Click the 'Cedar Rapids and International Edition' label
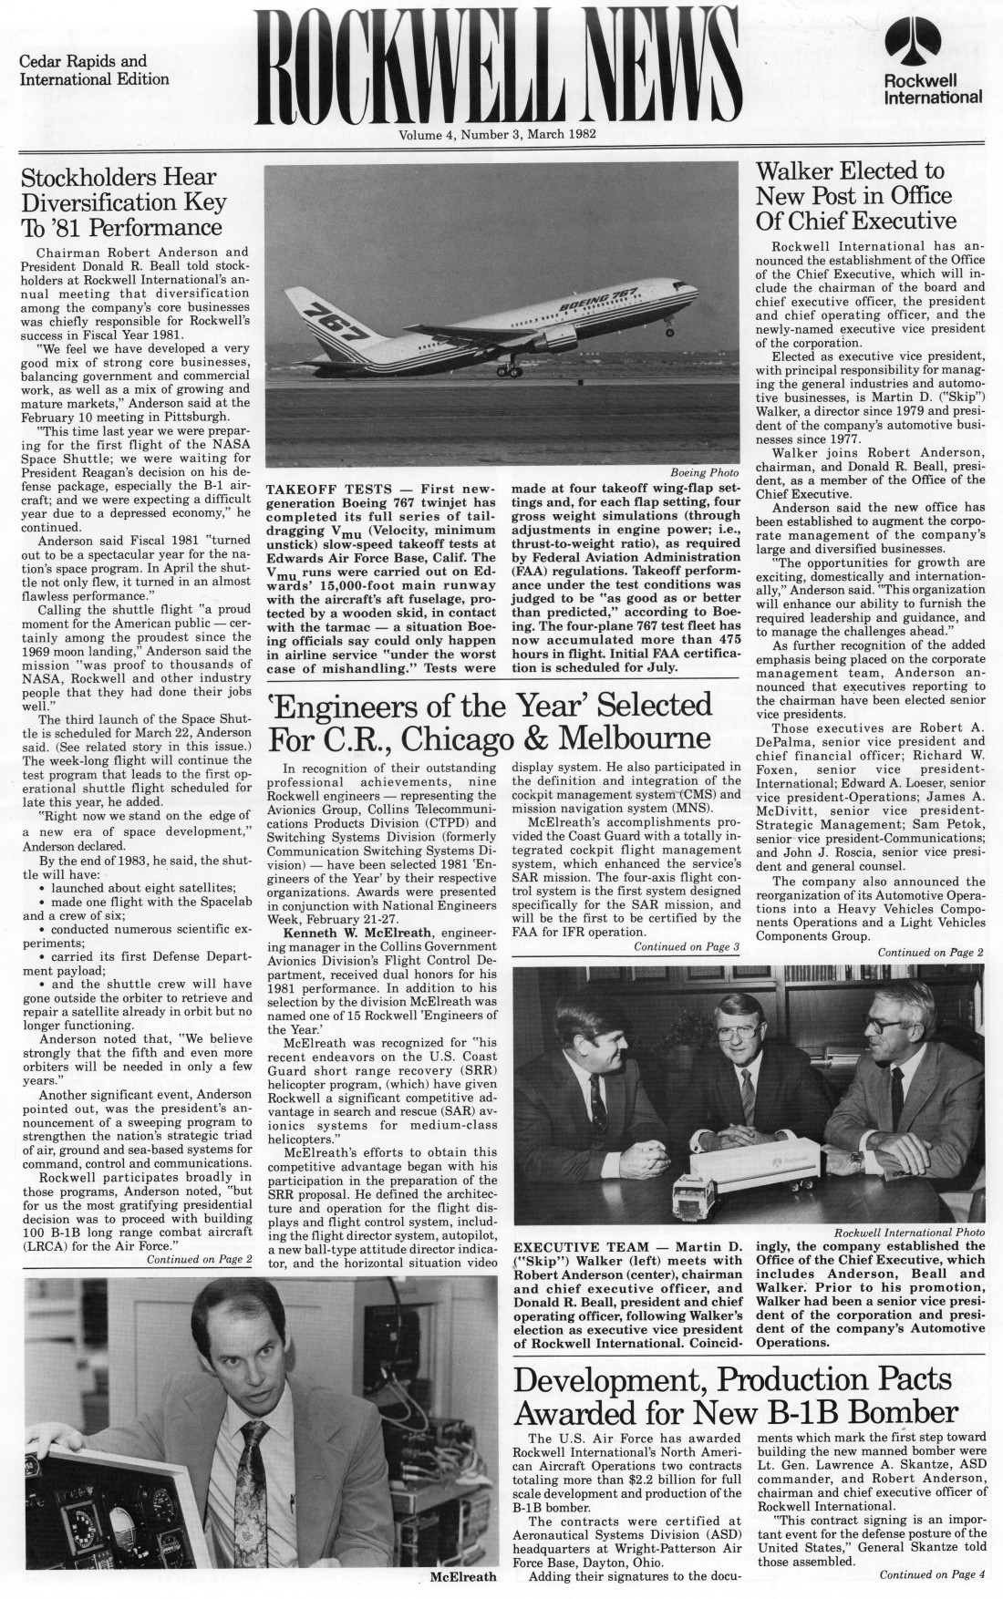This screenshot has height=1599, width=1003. (94, 70)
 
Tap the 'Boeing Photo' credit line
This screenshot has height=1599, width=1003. (705, 472)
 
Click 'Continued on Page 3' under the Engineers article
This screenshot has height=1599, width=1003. (686, 947)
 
